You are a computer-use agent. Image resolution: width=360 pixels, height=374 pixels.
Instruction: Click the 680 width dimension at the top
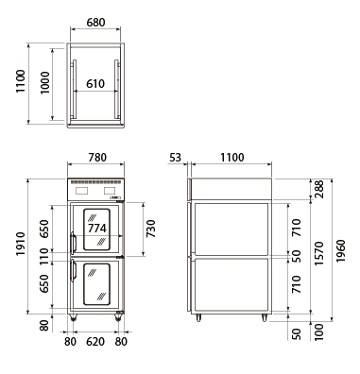pos(95,23)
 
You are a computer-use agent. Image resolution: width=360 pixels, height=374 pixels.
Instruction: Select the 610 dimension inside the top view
pos(95,84)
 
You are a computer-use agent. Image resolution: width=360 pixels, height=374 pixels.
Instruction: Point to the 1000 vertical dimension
pos(45,83)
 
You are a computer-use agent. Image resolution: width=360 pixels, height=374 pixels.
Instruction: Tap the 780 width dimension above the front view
pos(97,158)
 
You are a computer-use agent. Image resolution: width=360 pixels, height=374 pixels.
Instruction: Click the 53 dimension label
pos(176,158)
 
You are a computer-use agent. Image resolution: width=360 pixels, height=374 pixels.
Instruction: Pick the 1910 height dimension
pos(21,244)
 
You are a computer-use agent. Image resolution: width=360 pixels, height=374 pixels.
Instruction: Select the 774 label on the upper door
pos(97,228)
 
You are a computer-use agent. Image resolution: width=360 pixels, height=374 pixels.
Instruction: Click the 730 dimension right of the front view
pos(151,229)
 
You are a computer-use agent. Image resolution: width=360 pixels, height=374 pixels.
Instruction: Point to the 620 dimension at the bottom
pos(95,341)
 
